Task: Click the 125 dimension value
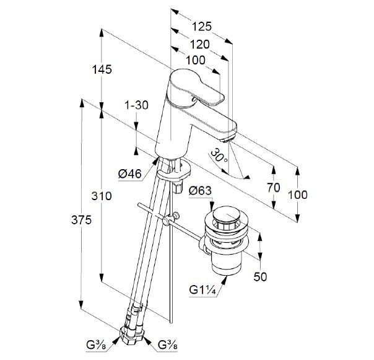pyautogui.click(x=202, y=27)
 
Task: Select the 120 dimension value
pyautogui.click(x=199, y=44)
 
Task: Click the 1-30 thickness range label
pyautogui.click(x=136, y=105)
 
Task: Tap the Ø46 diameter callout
pyautogui.click(x=131, y=174)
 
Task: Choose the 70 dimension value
pyautogui.click(x=274, y=188)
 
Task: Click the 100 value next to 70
pyautogui.click(x=298, y=195)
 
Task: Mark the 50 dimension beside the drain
pyautogui.click(x=260, y=277)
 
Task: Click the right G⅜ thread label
pyautogui.click(x=170, y=344)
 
